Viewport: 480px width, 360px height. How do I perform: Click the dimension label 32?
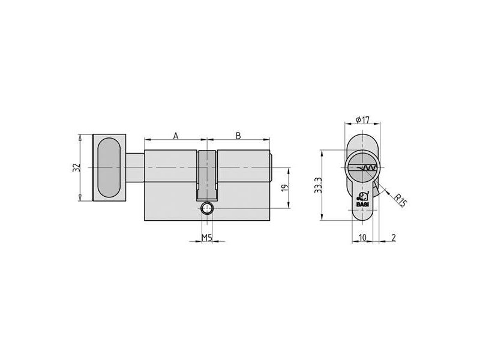77,167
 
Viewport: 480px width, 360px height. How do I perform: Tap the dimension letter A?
176,136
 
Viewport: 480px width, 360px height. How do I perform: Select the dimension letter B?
238,136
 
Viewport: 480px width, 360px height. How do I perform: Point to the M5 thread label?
207,237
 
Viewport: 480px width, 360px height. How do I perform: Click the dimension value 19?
285,188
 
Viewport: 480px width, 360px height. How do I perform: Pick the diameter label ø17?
363,119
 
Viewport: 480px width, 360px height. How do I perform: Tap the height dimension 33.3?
319,185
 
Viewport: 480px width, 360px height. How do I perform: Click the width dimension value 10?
362,237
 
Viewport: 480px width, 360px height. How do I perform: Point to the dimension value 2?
394,237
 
